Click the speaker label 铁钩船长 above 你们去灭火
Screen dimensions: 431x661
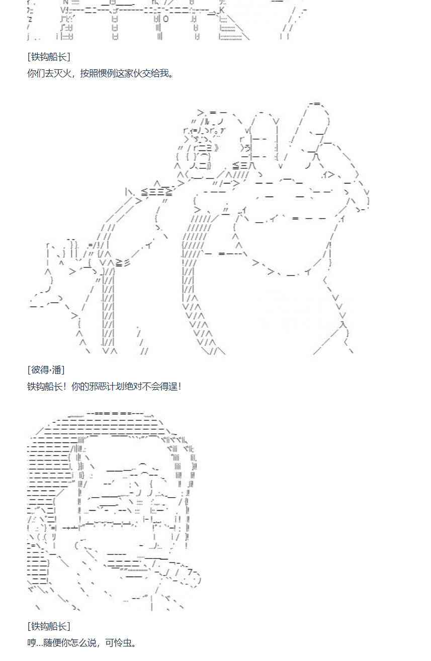pyautogui.click(x=49, y=57)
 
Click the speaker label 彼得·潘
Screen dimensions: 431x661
pyautogui.click(x=46, y=370)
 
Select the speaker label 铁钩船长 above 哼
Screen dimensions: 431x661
pyautogui.click(x=49, y=626)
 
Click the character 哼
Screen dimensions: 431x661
pyautogui.click(x=32, y=643)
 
